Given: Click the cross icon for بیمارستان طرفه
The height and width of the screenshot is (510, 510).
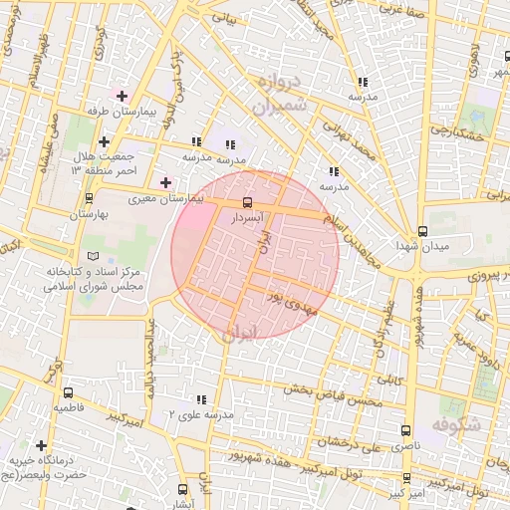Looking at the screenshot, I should point(122,97).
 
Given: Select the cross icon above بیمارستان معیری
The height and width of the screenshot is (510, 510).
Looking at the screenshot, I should point(166,182).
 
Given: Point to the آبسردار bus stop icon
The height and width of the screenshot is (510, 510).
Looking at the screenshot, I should point(247,201).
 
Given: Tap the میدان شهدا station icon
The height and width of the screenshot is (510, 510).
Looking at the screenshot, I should point(423,230).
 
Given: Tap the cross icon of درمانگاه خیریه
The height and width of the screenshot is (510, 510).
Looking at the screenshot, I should point(41,445).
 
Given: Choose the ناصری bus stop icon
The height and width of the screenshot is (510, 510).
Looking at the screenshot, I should point(404,431).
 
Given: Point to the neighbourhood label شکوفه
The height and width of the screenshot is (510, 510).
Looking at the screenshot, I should point(455,424).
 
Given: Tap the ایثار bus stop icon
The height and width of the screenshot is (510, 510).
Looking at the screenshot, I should point(182,489).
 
